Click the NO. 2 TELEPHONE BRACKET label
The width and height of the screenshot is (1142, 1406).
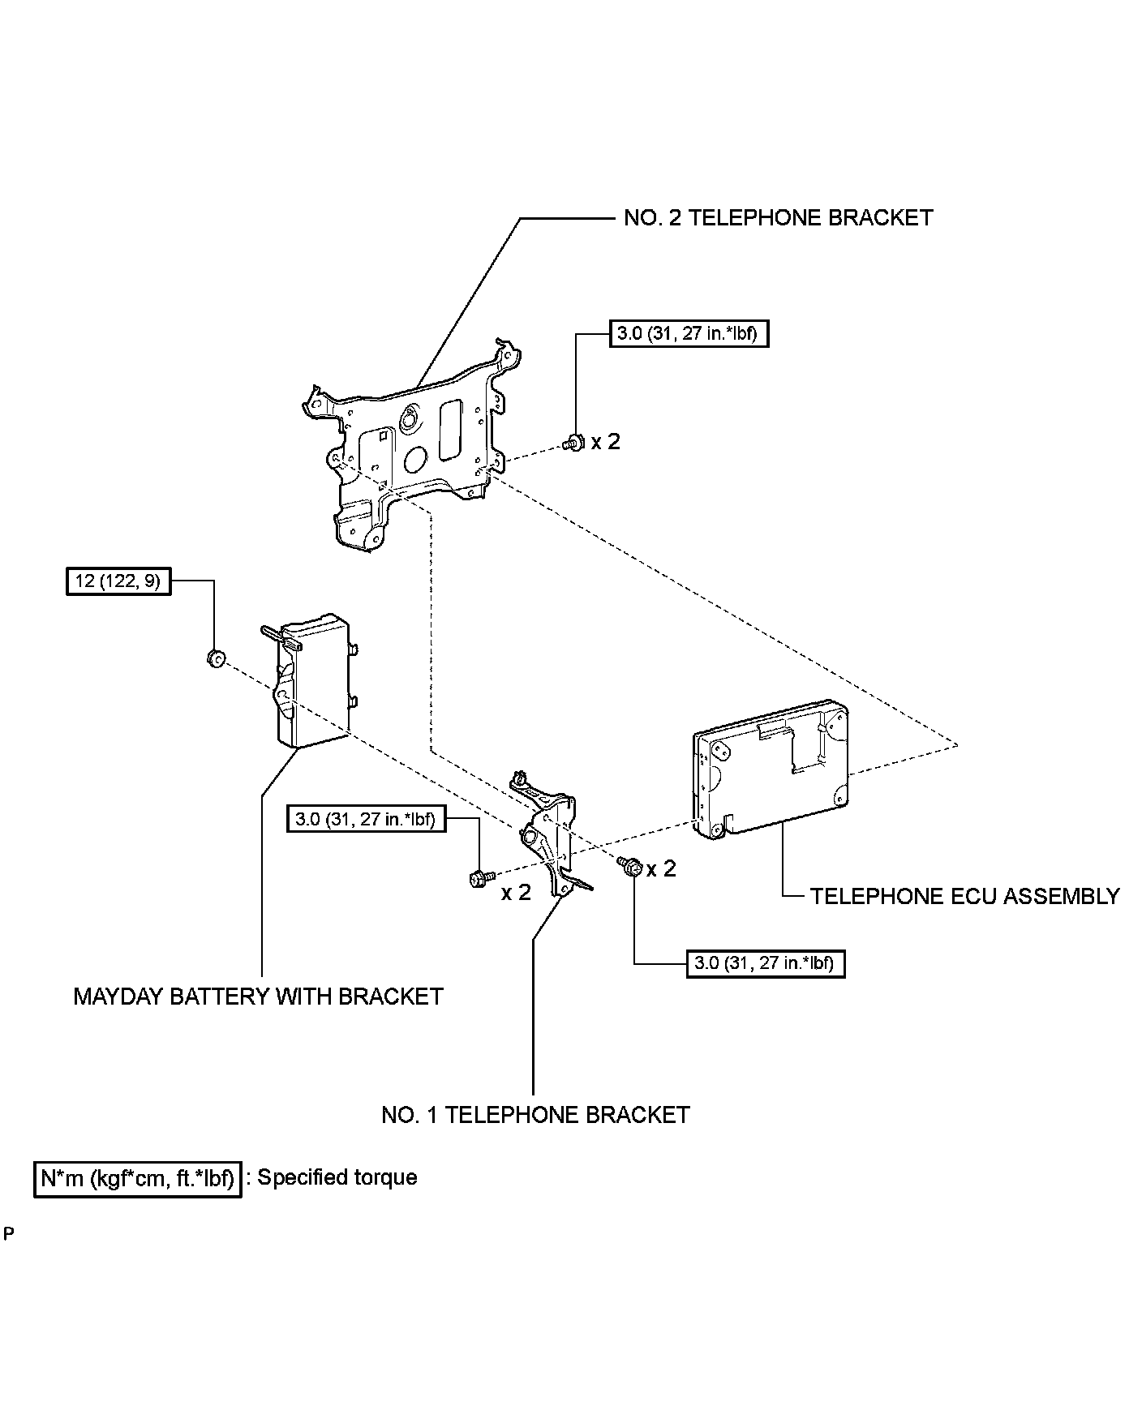coord(778,217)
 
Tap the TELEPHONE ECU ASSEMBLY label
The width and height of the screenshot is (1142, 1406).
coord(964,896)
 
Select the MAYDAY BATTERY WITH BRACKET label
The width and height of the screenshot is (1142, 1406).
coord(258,996)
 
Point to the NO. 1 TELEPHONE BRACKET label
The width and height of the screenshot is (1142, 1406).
coord(535,1115)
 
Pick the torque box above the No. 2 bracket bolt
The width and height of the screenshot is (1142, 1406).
coord(688,333)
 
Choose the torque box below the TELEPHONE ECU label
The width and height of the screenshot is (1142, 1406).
coord(765,963)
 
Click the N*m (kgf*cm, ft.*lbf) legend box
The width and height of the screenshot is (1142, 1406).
coord(137,1178)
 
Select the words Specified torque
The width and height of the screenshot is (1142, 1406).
coord(337,1177)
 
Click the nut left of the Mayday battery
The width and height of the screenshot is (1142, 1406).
coord(215,658)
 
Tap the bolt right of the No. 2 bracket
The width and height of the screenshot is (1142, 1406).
coord(573,443)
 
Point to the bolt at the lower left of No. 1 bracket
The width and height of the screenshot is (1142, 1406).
coord(478,877)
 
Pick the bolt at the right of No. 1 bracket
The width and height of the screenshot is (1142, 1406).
coord(632,867)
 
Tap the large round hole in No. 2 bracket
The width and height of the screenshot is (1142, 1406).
coord(419,460)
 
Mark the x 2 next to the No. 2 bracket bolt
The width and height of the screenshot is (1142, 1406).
coord(605,442)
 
